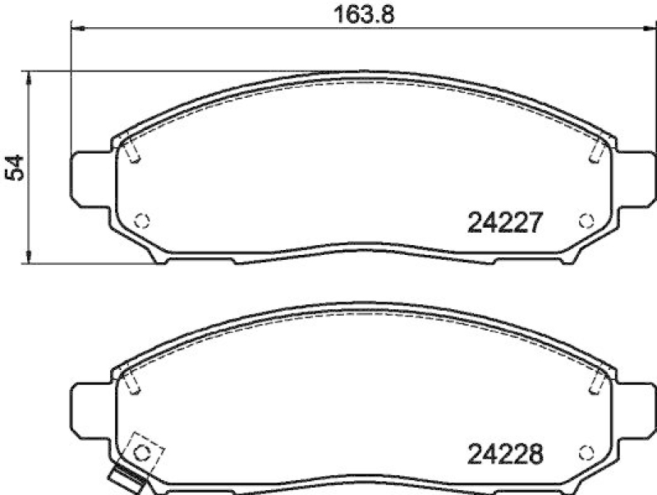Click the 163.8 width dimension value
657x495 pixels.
[x=357, y=15]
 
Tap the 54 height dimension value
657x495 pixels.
[x=14, y=168]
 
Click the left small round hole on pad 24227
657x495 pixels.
[x=141, y=220]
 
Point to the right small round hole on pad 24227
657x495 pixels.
[x=586, y=220]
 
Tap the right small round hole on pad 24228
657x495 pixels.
[x=586, y=452]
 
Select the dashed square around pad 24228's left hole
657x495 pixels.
[x=145, y=451]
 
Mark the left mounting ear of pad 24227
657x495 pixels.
[x=90, y=178]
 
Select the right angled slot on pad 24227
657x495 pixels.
[x=598, y=150]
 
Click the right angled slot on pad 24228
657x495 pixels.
[x=598, y=381]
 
